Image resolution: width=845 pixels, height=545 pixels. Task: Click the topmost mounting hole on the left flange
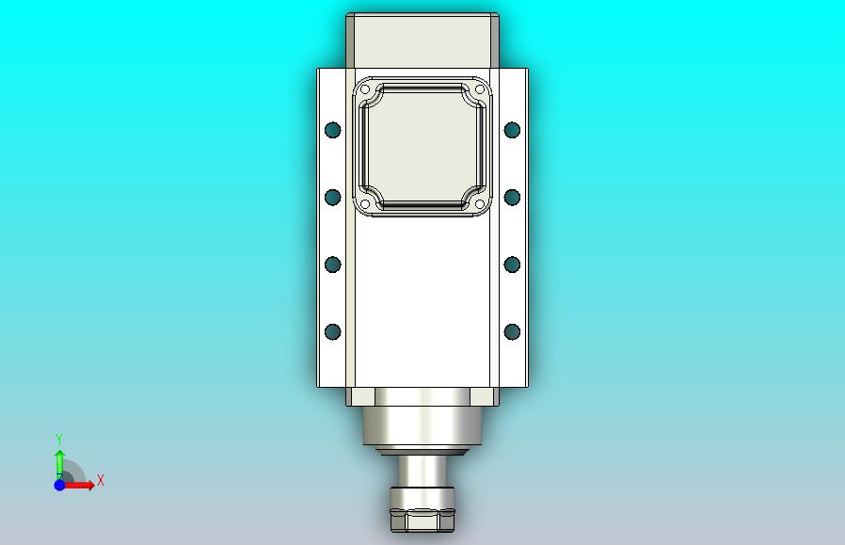coord(332,130)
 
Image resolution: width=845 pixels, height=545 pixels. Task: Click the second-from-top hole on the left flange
coord(332,197)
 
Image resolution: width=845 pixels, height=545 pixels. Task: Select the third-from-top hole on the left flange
coord(332,264)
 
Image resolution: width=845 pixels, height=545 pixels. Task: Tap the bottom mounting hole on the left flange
coord(332,331)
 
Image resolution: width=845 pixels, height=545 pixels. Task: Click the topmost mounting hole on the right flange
coord(512,129)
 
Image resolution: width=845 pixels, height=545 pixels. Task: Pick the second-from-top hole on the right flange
coord(512,197)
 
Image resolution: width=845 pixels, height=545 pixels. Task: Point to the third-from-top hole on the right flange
coord(512,264)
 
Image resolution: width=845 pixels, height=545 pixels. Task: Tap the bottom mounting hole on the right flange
coord(512,331)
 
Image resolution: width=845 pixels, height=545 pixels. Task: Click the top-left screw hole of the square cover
coord(365,89)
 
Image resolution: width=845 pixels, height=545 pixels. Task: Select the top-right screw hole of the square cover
coord(479,89)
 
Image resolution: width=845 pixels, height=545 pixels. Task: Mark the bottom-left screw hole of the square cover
coord(365,203)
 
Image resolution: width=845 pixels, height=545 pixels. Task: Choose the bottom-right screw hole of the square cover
coord(479,203)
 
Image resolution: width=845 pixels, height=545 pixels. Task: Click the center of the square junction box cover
coord(422,147)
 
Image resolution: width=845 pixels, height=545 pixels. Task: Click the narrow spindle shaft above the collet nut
coord(422,472)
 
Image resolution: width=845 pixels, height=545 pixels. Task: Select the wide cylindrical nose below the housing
coord(422,425)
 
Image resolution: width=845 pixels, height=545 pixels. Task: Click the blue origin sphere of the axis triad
coord(59,485)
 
